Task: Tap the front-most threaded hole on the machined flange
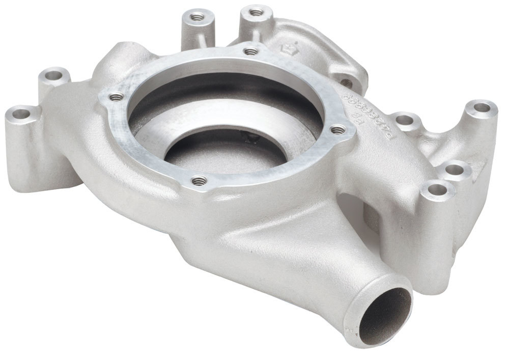(199, 180)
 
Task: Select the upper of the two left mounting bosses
(53, 78)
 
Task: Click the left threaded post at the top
(196, 18)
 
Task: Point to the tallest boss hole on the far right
(480, 108)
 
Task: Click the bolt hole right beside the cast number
(405, 121)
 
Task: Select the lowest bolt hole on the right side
(435, 191)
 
